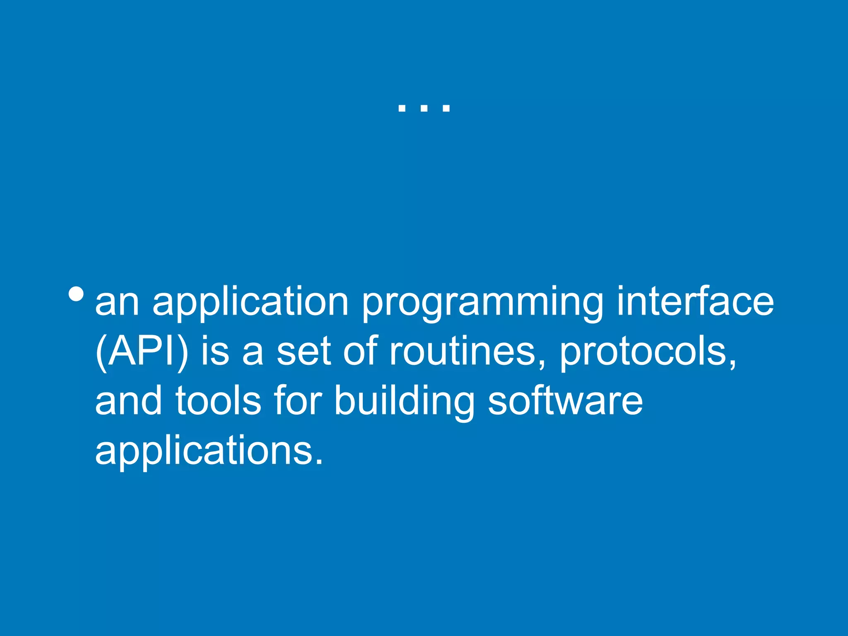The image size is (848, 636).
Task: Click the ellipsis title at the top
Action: [424, 108]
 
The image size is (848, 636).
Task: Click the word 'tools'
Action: [218, 400]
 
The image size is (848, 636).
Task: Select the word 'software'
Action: [565, 400]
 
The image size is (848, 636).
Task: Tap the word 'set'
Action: [304, 352]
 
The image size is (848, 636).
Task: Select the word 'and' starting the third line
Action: [129, 400]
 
